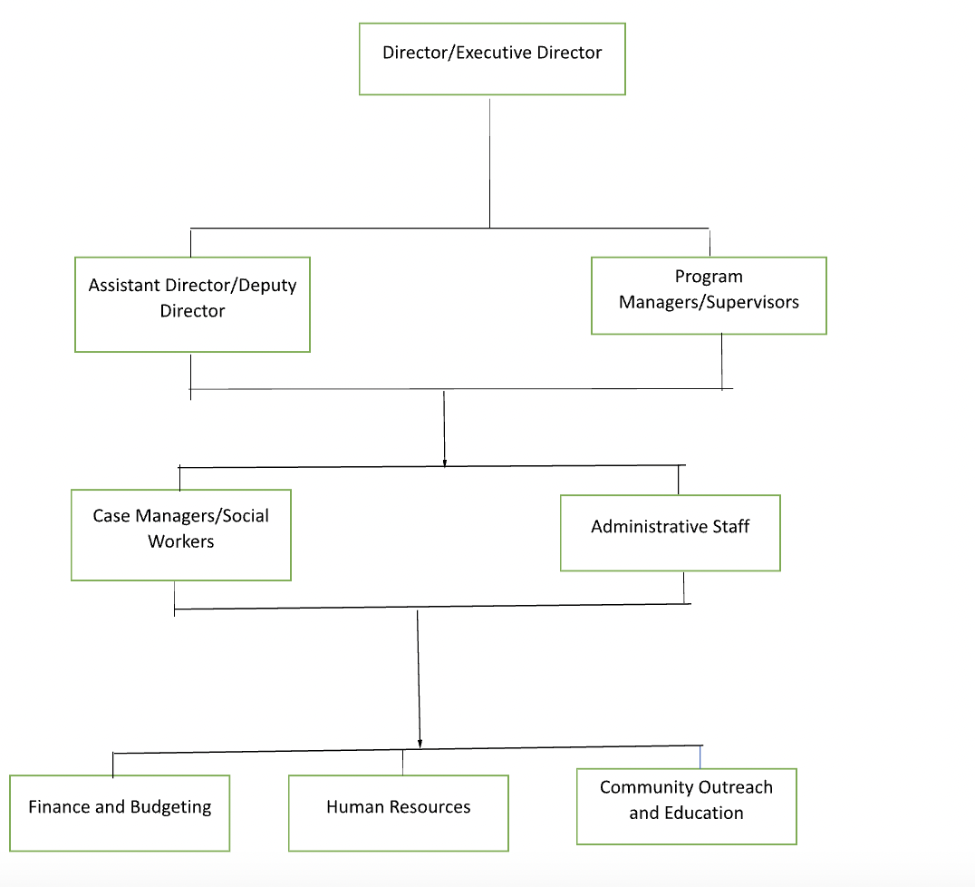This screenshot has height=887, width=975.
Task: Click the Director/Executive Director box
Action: pyautogui.click(x=492, y=59)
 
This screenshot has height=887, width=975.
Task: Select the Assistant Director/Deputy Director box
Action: pyautogui.click(x=192, y=305)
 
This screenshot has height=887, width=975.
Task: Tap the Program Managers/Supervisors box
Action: pyautogui.click(x=709, y=296)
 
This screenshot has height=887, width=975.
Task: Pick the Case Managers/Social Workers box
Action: pyautogui.click(x=181, y=535)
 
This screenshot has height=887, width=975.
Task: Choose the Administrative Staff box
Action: pyautogui.click(x=670, y=533)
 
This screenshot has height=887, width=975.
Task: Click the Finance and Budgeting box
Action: pyautogui.click(x=120, y=814)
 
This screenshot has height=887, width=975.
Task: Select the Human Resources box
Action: pyautogui.click(x=398, y=814)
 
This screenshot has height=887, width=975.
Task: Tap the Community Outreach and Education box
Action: pyautogui.click(x=686, y=806)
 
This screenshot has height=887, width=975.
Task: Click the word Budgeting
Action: pyautogui.click(x=171, y=807)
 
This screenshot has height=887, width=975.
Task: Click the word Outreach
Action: pyautogui.click(x=735, y=787)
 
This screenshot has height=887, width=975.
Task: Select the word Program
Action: pyautogui.click(x=709, y=277)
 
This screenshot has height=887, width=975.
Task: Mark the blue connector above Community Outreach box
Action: pyautogui.click(x=700, y=756)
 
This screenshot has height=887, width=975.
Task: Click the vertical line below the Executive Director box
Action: pyautogui.click(x=490, y=163)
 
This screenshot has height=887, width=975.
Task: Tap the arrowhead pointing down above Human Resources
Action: pyautogui.click(x=420, y=743)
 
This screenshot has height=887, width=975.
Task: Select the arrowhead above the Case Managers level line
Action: pyautogui.click(x=445, y=462)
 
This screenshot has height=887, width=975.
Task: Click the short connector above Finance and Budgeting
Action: pyautogui.click(x=113, y=765)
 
